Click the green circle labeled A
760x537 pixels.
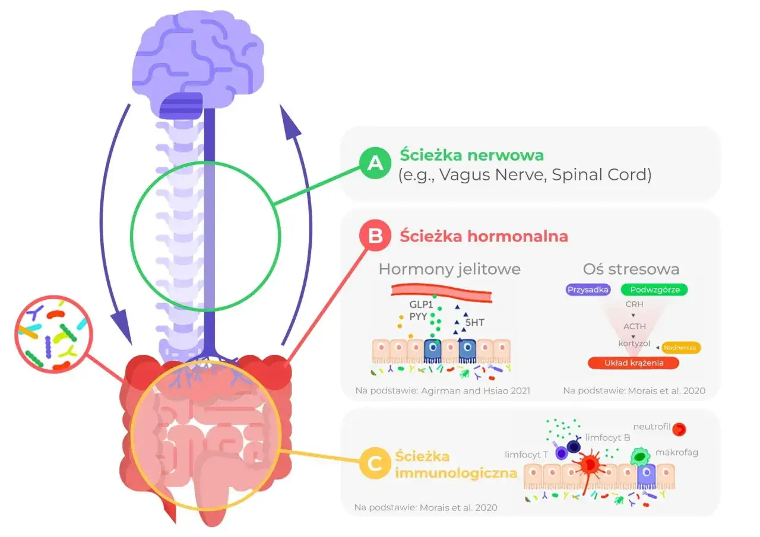[x=375, y=163]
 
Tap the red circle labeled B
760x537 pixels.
[x=375, y=236]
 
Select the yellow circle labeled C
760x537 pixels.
[x=375, y=463]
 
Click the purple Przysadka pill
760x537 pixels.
[x=588, y=290]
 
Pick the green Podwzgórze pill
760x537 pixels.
[x=654, y=290]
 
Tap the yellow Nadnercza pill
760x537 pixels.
[x=680, y=348]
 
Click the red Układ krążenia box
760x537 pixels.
[x=634, y=363]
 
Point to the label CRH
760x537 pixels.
[x=634, y=304]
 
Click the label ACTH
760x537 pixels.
[x=635, y=326]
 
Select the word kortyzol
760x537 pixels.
[x=634, y=344]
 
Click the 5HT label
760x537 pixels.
[x=474, y=322]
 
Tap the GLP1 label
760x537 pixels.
[x=421, y=304]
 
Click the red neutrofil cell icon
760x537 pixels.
[x=679, y=429]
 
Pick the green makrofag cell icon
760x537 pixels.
[x=640, y=456]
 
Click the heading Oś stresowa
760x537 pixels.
[x=631, y=269]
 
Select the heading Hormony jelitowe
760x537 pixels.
[x=449, y=269]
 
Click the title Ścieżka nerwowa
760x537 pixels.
[x=471, y=155]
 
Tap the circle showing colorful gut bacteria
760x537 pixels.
[x=53, y=334]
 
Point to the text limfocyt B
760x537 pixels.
[x=607, y=438]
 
